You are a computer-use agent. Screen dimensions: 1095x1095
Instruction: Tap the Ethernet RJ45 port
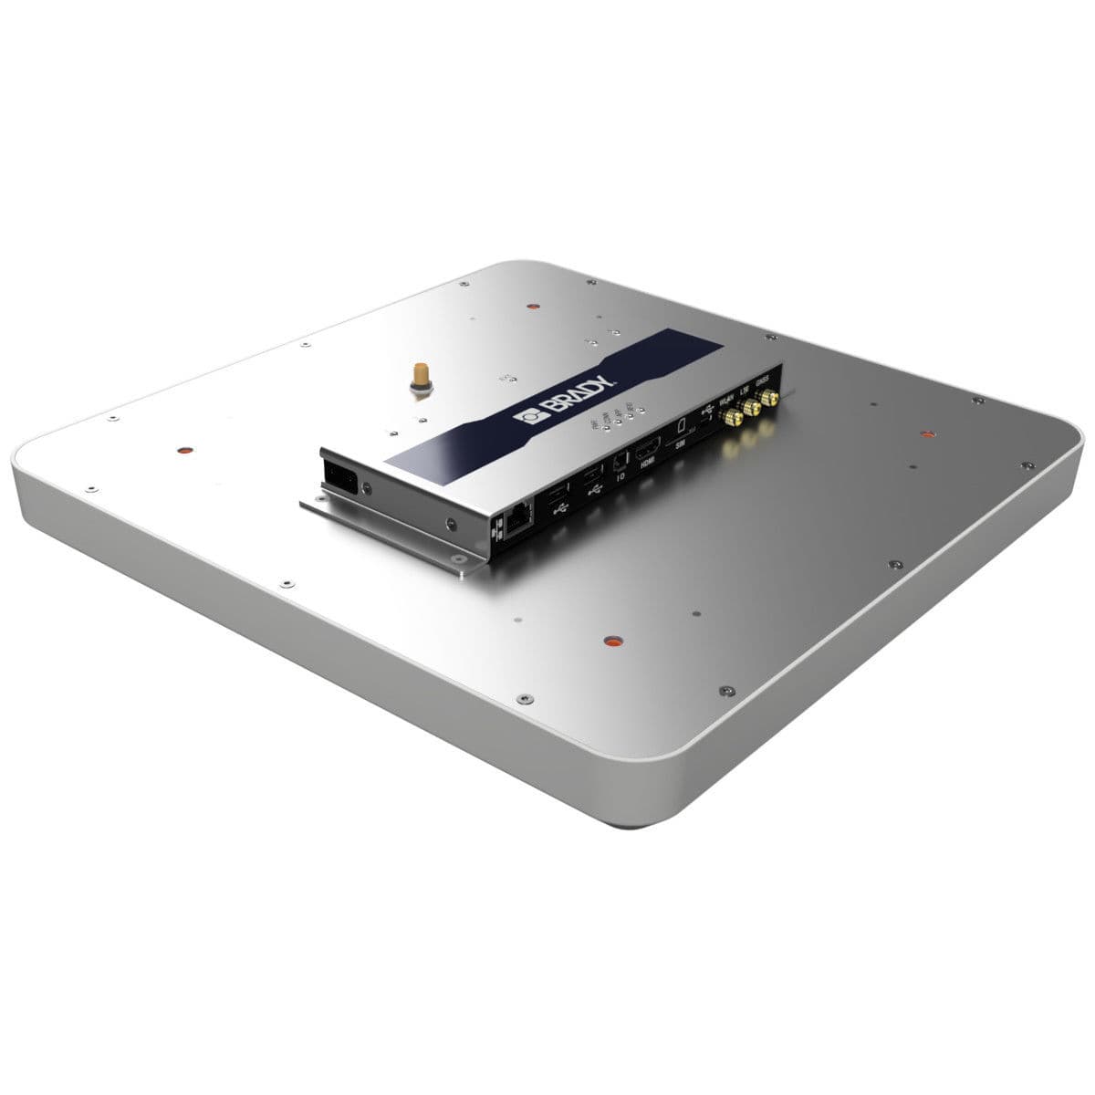pos(516,517)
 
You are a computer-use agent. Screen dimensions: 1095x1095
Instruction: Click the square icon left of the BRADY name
pos(529,418)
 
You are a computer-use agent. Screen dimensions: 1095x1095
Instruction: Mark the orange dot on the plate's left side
pos(182,450)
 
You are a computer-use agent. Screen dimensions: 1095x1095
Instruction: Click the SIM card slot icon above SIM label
pos(682,426)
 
